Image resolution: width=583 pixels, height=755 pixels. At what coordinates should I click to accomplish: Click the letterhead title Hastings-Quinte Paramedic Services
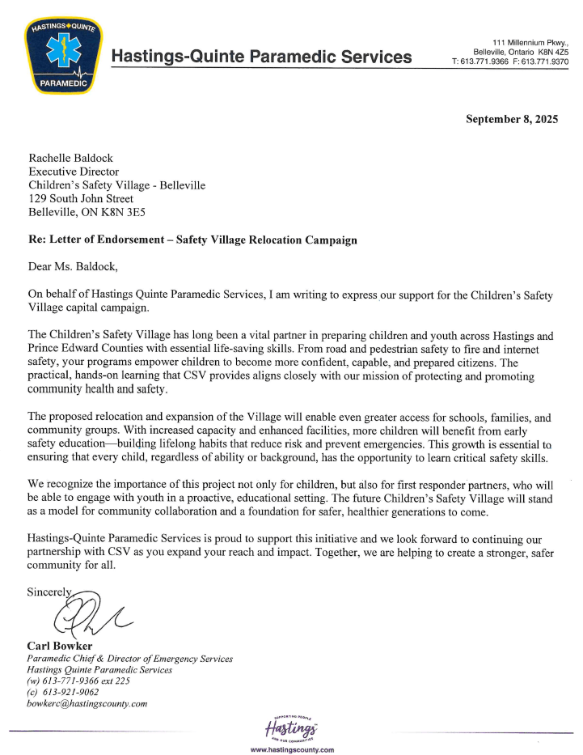pyautogui.click(x=261, y=57)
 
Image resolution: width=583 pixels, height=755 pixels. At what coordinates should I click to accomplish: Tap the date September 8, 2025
pyautogui.click(x=512, y=119)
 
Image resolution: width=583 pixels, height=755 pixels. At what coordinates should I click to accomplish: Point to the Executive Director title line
pyautogui.click(x=74, y=172)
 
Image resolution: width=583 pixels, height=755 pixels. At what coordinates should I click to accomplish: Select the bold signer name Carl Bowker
pyautogui.click(x=61, y=647)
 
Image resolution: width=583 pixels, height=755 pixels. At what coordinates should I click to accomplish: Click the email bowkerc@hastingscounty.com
pyautogui.click(x=87, y=703)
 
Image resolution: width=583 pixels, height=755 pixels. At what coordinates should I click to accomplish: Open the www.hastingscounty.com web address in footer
pyautogui.click(x=292, y=750)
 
